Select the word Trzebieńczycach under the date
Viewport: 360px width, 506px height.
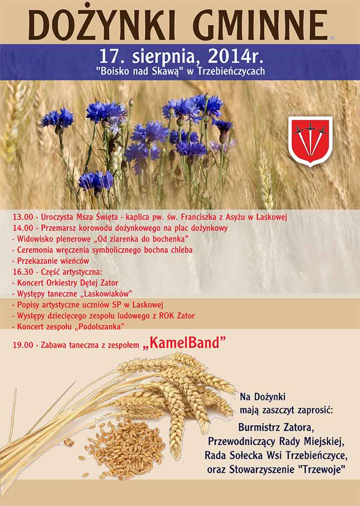click(x=231, y=71)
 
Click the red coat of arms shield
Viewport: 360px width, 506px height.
click(x=310, y=141)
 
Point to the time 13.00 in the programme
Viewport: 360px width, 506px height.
click(x=23, y=217)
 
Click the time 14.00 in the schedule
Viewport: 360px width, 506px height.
click(x=23, y=228)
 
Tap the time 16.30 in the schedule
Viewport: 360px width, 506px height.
click(x=23, y=272)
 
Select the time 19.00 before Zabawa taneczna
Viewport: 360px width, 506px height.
click(x=23, y=345)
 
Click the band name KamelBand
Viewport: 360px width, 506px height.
click(x=184, y=343)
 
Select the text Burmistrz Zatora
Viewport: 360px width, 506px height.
click(x=276, y=428)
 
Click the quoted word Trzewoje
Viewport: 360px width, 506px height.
click(x=321, y=470)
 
